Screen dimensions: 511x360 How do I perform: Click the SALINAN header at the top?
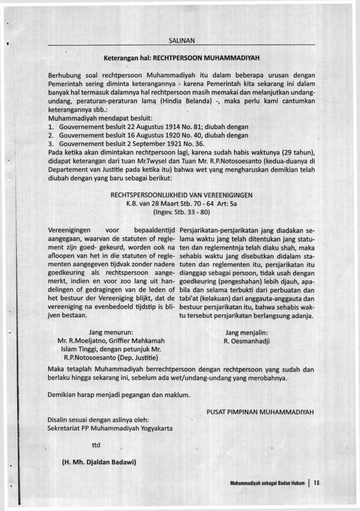(182, 40)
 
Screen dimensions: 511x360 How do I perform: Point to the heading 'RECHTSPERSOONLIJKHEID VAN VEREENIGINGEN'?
(182, 195)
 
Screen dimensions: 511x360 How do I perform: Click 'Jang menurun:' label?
(111, 333)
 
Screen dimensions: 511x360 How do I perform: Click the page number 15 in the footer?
(317, 483)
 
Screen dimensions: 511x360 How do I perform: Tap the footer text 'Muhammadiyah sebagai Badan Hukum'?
(267, 483)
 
